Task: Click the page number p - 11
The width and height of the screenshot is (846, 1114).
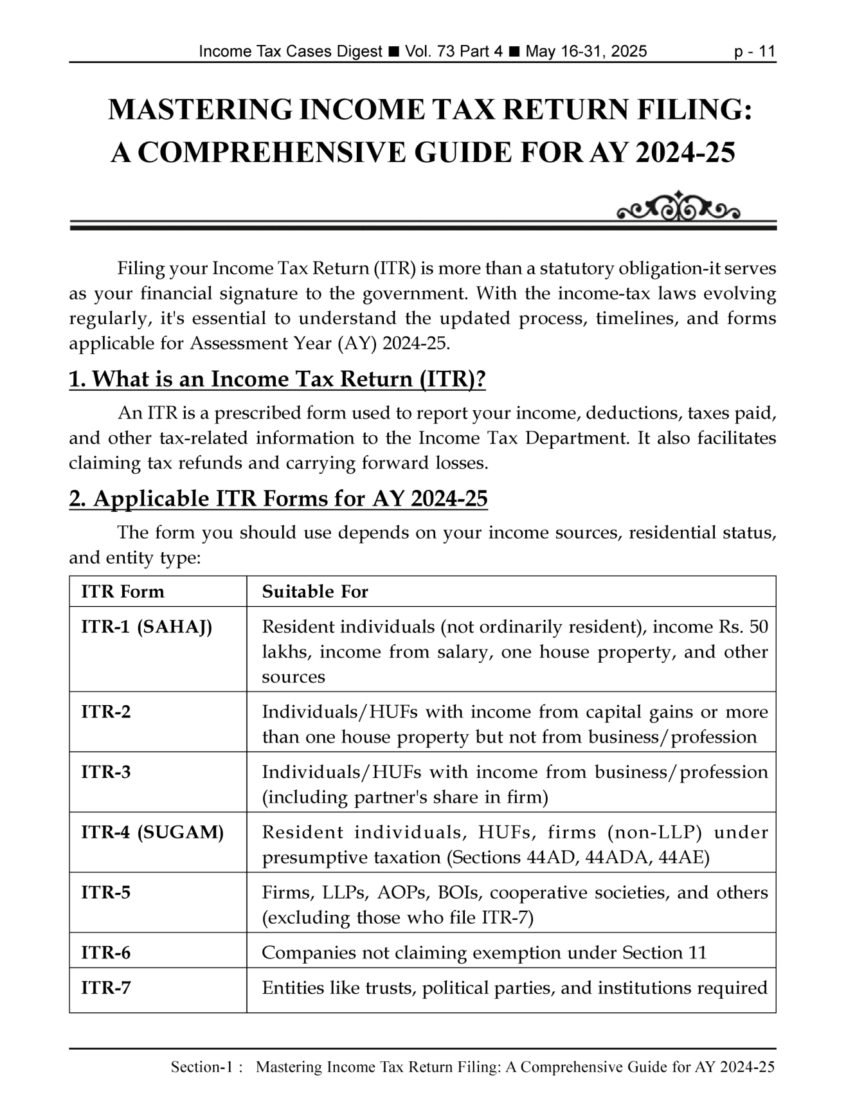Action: [755, 51]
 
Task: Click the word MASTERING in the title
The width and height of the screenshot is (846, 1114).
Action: [199, 111]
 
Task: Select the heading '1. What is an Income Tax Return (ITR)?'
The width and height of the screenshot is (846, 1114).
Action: [277, 379]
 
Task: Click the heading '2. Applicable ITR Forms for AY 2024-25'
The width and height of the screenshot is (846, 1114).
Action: [278, 499]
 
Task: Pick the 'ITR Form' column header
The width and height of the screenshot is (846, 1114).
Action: [123, 591]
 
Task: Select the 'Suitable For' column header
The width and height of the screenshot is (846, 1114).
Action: [315, 591]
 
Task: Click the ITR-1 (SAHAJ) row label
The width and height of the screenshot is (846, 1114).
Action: [147, 627]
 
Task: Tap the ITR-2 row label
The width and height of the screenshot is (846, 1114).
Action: [106, 712]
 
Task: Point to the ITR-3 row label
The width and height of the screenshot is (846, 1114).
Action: [106, 772]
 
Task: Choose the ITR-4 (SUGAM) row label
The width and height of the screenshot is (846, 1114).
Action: [152, 832]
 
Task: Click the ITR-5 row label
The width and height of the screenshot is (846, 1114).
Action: [106, 892]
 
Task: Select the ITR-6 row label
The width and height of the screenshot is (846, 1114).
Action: [106, 953]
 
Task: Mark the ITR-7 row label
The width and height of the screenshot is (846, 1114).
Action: [106, 987]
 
